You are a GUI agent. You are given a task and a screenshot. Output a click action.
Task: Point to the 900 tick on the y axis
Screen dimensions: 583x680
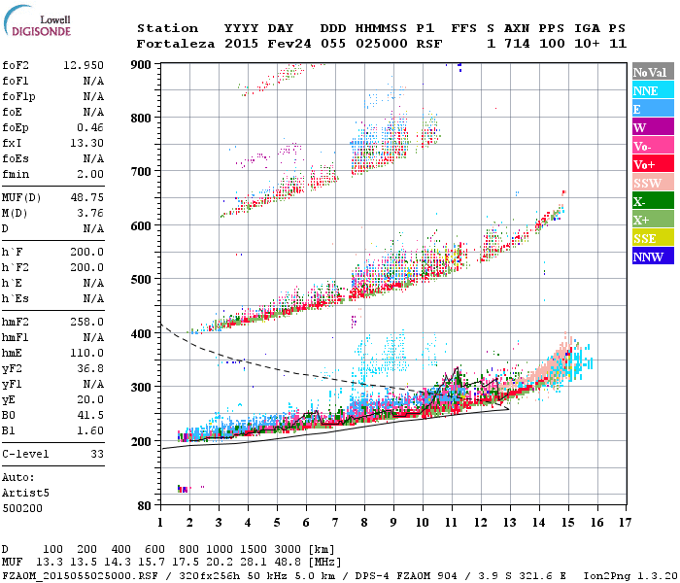pyautogui.click(x=142, y=64)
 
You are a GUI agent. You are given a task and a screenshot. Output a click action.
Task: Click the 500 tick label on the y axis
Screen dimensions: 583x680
pyautogui.click(x=142, y=279)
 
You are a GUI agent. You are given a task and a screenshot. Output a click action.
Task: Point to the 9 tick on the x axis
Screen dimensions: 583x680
pyautogui.click(x=393, y=522)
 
